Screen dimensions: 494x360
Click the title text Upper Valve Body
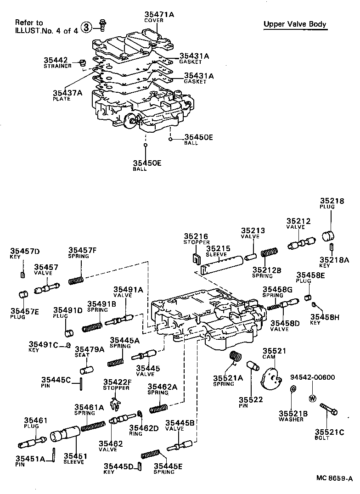click(x=295, y=24)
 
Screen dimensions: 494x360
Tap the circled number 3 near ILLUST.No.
click(x=86, y=27)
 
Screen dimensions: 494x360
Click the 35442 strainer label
click(x=56, y=60)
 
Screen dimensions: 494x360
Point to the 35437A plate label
click(x=67, y=93)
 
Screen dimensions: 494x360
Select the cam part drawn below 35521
click(x=271, y=379)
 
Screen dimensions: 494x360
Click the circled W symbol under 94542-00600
click(x=312, y=398)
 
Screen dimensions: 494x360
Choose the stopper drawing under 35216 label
click(x=195, y=259)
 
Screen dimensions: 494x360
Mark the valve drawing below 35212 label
click(x=301, y=243)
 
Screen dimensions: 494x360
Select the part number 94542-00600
click(x=312, y=377)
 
